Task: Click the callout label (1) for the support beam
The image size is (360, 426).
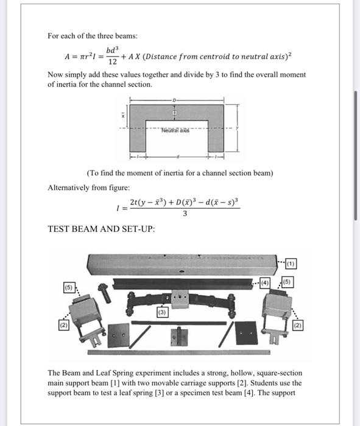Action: point(291,264)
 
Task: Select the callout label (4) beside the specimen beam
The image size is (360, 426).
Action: point(264,282)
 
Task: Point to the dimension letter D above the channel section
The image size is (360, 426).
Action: point(174,99)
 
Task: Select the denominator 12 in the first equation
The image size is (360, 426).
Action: point(111,61)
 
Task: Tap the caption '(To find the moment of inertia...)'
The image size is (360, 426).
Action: point(180,173)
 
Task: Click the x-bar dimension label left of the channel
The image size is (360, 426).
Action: point(122,114)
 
